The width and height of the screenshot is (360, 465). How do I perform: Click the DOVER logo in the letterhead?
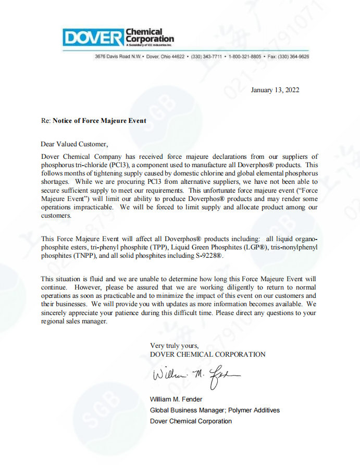point(92,37)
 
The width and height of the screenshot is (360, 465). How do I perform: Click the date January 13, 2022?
point(275,90)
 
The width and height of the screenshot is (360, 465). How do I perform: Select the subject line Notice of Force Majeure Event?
point(100,120)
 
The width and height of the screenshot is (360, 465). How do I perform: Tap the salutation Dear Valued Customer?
point(74,144)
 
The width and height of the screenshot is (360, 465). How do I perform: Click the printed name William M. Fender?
point(176,399)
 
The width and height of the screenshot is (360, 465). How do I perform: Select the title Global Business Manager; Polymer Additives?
point(215,410)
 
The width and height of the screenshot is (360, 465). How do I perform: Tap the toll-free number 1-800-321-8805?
point(245,56)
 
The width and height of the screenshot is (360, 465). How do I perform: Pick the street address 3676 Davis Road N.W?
point(119,56)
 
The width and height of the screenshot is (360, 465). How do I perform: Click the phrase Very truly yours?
point(174,345)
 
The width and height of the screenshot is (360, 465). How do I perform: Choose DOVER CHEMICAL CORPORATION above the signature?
point(207,354)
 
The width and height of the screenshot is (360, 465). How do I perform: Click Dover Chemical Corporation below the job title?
point(191,421)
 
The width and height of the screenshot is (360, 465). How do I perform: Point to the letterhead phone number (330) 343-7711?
point(206,56)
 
